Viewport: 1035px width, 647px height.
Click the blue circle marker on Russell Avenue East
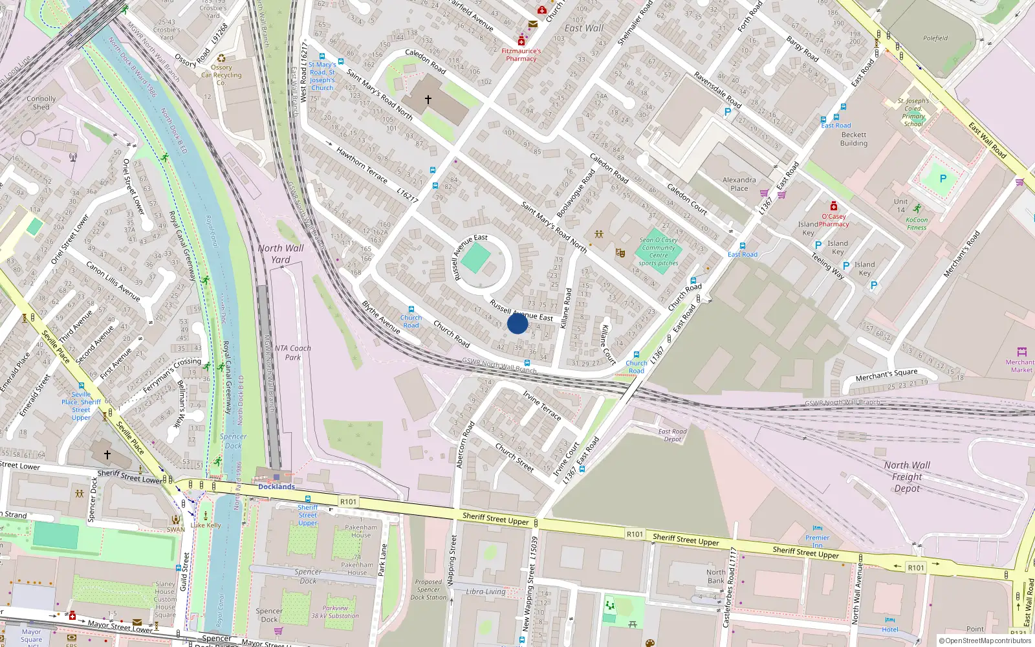click(x=517, y=323)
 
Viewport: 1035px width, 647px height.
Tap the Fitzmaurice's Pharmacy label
click(x=521, y=55)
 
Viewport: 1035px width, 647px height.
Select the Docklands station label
click(x=276, y=487)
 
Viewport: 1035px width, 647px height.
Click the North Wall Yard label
click(x=280, y=254)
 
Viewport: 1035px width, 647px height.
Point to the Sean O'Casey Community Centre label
click(x=659, y=252)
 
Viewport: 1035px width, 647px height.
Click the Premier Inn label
click(x=817, y=541)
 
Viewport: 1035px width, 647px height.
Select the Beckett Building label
click(x=853, y=139)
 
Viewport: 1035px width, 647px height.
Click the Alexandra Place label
click(x=739, y=184)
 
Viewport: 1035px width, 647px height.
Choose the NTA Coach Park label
click(x=292, y=353)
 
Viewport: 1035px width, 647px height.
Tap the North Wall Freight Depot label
click(x=907, y=477)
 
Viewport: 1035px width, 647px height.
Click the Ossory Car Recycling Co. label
click(x=221, y=74)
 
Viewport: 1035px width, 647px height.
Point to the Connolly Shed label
click(x=41, y=103)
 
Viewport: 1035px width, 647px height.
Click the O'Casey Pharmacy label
click(x=834, y=221)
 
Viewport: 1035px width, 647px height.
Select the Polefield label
click(x=935, y=38)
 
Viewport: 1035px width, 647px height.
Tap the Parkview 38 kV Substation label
click(x=335, y=612)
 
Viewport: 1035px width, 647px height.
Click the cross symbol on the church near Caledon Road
click(x=428, y=100)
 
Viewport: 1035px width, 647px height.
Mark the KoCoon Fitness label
click(x=917, y=223)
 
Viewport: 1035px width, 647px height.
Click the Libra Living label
click(x=486, y=591)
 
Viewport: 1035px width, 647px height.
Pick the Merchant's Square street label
click(x=886, y=375)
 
